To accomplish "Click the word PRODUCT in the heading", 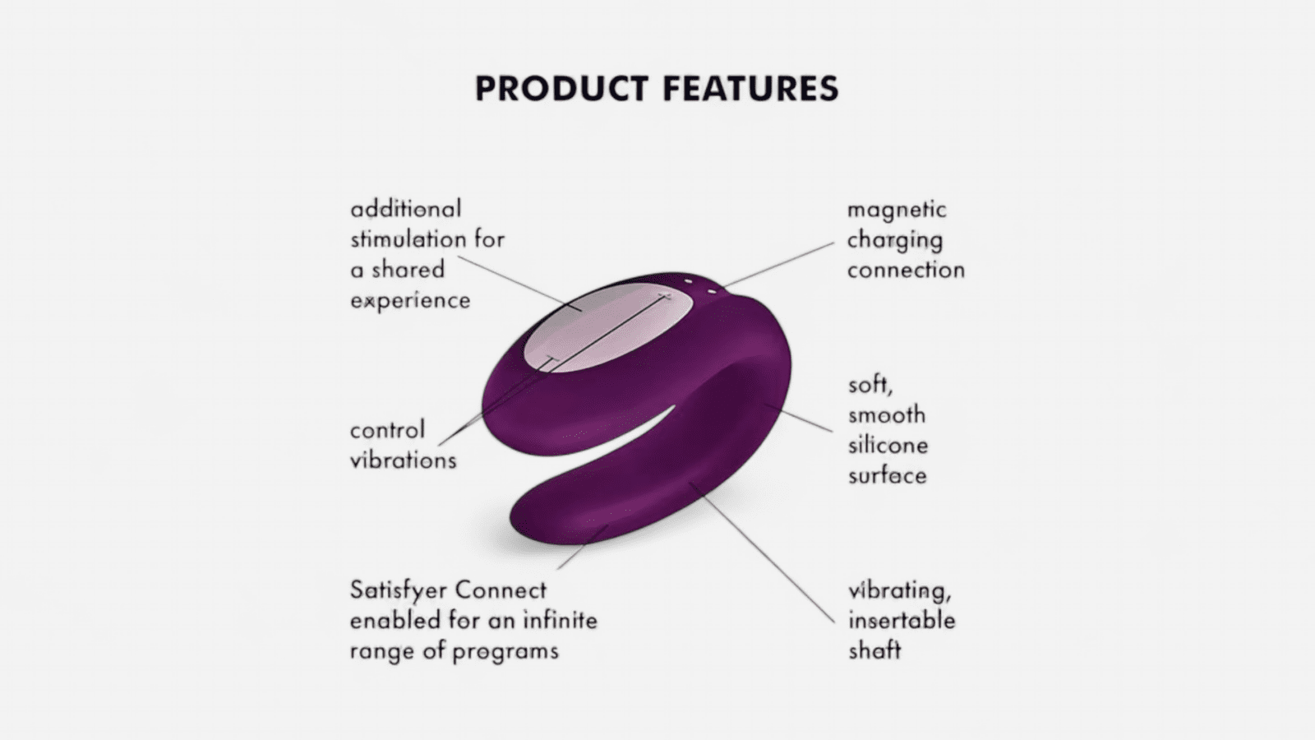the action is [x=561, y=89].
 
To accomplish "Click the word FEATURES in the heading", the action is [x=751, y=89].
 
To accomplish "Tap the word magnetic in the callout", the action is [x=897, y=210].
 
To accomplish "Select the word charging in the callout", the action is [x=895, y=241].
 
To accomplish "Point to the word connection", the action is [x=906, y=271].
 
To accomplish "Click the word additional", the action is [x=406, y=209].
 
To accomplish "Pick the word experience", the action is [x=410, y=301].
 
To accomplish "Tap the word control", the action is [x=387, y=430].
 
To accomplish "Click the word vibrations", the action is [x=404, y=460].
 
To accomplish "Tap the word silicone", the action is [x=888, y=445].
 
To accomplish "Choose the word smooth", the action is [x=887, y=415].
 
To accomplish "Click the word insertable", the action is [x=902, y=620].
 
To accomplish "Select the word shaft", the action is [x=874, y=650].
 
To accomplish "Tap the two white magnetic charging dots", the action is [x=699, y=287].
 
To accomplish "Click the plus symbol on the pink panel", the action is [x=665, y=297].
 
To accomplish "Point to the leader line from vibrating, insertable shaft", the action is [x=762, y=552].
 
